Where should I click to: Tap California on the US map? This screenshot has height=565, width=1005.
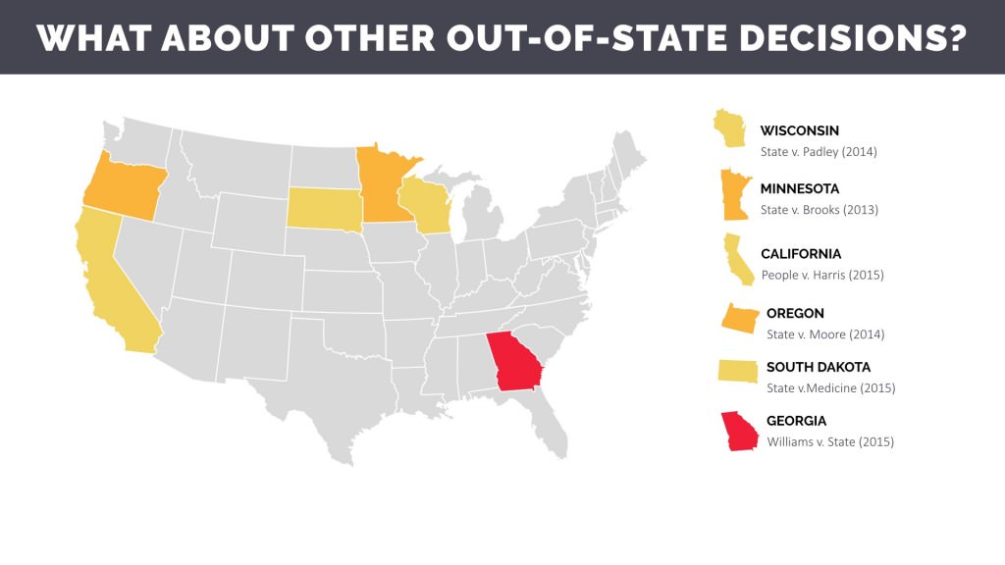(x=110, y=284)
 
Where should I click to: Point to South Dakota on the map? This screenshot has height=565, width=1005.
(x=324, y=205)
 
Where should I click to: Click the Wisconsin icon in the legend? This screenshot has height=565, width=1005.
(x=728, y=128)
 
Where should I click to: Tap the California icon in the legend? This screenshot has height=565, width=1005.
(x=737, y=259)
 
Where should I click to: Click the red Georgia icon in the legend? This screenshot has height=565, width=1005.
(x=738, y=432)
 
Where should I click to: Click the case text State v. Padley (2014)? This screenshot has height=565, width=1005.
(x=819, y=152)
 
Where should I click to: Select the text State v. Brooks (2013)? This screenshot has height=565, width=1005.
(x=819, y=210)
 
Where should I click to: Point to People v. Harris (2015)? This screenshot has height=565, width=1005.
(x=822, y=275)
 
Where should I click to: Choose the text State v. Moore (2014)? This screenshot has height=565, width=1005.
(x=825, y=334)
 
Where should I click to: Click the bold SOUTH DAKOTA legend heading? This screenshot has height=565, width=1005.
(x=819, y=367)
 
